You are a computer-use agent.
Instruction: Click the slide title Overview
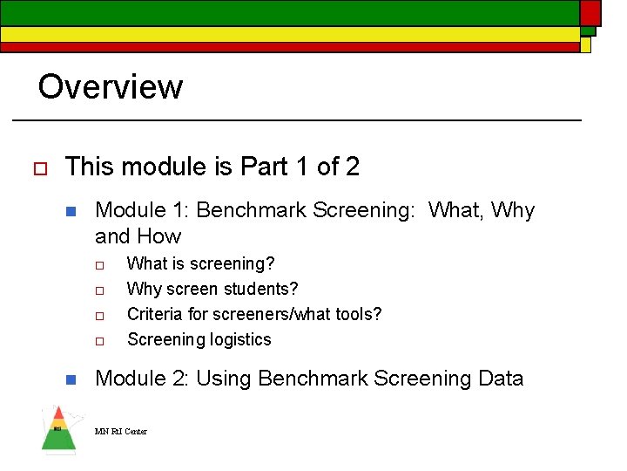click(110, 87)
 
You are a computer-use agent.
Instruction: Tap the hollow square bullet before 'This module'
click(37, 167)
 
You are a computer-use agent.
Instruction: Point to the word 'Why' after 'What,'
click(513, 210)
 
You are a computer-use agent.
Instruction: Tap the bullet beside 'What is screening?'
click(100, 264)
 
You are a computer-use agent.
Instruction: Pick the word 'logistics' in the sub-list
click(237, 340)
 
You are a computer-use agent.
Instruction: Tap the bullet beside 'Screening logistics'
click(100, 340)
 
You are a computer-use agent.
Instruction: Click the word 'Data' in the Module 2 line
click(497, 379)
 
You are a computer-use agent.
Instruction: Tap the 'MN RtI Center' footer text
click(121, 432)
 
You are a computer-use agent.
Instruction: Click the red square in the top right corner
click(590, 11)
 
